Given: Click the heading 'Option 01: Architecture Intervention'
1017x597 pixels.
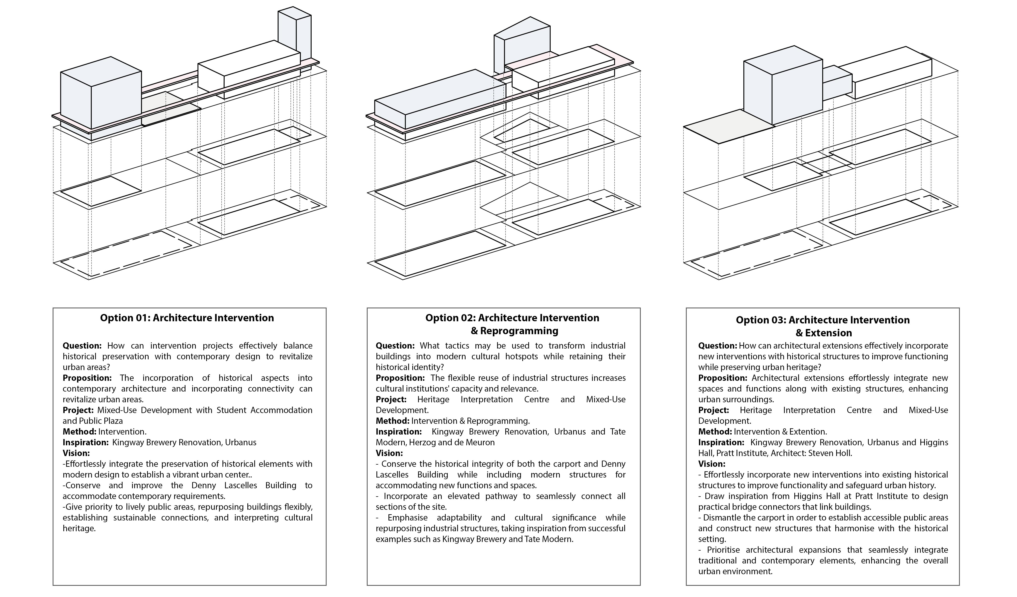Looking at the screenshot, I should (x=187, y=318).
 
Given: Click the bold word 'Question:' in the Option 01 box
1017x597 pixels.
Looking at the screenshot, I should (x=82, y=346).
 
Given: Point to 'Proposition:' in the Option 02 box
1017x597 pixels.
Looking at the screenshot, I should (x=400, y=378).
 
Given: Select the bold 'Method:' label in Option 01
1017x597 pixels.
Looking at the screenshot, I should (x=79, y=431).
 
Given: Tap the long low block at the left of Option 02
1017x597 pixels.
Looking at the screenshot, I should (x=440, y=101).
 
